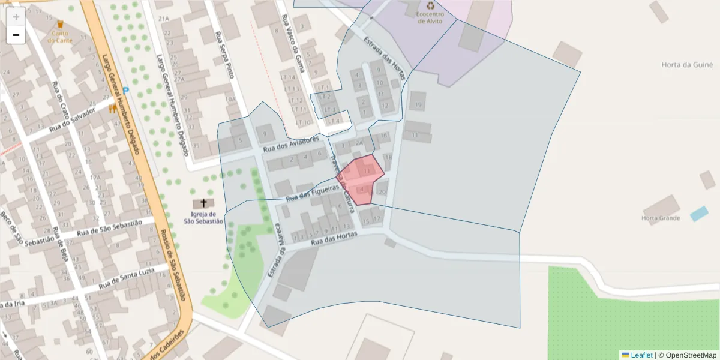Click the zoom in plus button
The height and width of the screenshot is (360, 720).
click(16, 17)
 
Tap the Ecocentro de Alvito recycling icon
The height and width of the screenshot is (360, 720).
click(430, 9)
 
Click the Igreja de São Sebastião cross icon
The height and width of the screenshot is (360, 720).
click(203, 203)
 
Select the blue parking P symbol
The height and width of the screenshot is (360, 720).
click(125, 90)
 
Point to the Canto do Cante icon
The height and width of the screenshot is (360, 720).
click(60, 25)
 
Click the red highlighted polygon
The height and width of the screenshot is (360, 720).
click(360, 179)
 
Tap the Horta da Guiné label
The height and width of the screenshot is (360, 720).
click(686, 65)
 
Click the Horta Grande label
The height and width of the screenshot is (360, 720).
click(661, 218)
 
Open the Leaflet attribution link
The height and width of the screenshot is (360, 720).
click(641, 355)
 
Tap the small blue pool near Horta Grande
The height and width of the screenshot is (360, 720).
click(698, 214)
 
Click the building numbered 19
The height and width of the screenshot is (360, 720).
click(418, 105)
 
